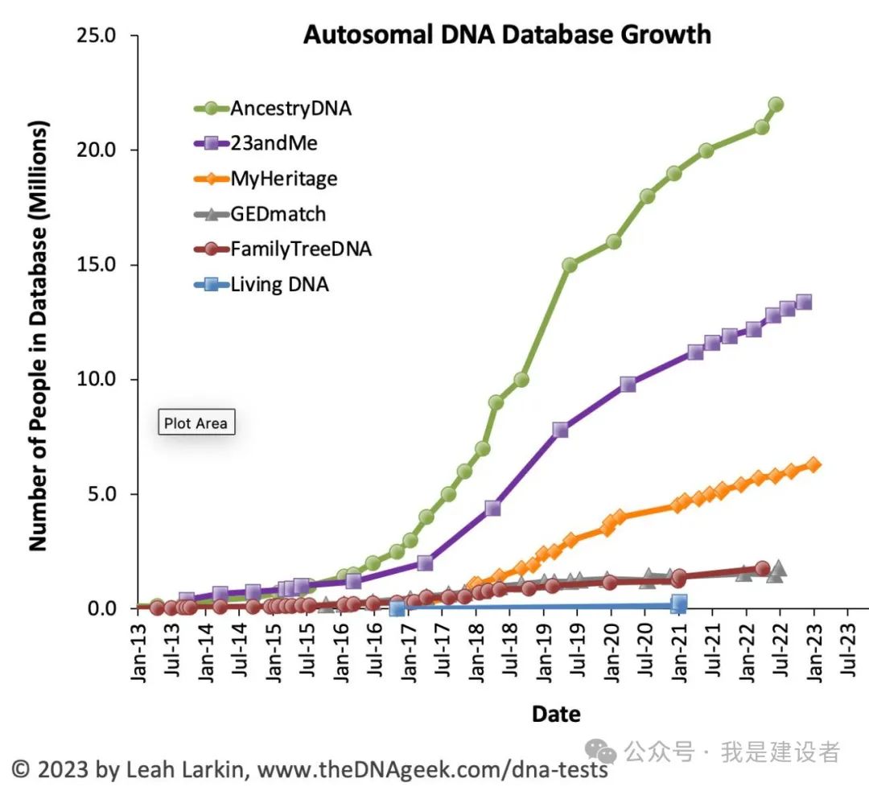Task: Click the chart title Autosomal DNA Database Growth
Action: tap(506, 35)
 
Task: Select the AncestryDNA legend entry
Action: tap(290, 109)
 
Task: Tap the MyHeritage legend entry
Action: tap(283, 179)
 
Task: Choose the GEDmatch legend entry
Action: tap(278, 214)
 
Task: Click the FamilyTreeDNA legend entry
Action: tap(300, 249)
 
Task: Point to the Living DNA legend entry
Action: tap(279, 283)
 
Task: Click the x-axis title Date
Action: tap(556, 713)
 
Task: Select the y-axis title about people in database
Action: tap(38, 336)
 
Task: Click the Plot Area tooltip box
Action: tap(196, 422)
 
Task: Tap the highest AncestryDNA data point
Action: tap(776, 105)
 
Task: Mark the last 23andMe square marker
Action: tap(803, 303)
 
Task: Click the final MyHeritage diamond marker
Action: tap(813, 464)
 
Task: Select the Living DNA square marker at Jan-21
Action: tap(678, 603)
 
